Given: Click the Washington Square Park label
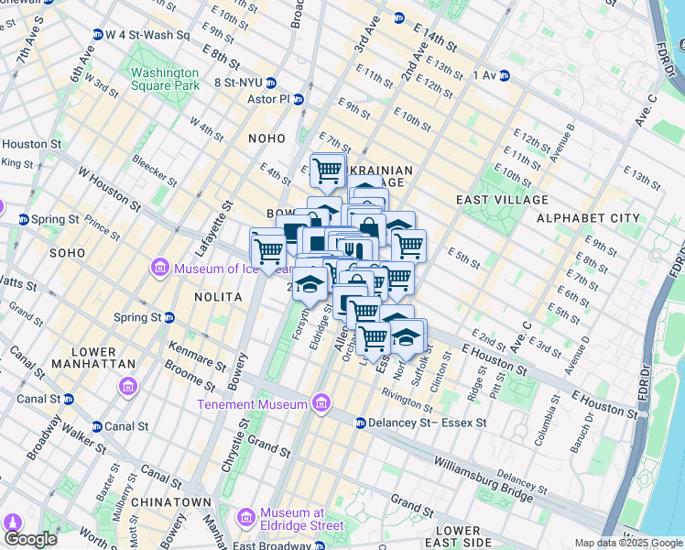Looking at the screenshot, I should pyautogui.click(x=164, y=79).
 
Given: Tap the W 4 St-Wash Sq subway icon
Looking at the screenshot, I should pyautogui.click(x=97, y=35).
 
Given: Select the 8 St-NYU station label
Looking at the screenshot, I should pyautogui.click(x=237, y=82).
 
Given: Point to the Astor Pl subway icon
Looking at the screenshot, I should pyautogui.click(x=299, y=99).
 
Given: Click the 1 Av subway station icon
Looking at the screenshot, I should pyautogui.click(x=504, y=75).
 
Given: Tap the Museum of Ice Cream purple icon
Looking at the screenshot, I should pyautogui.click(x=160, y=268).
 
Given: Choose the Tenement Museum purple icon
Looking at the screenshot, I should pyautogui.click(x=321, y=403).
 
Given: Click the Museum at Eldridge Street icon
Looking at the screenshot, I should pyautogui.click(x=246, y=519).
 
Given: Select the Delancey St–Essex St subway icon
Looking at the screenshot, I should pyautogui.click(x=360, y=423).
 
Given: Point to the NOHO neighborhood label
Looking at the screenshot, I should pyautogui.click(x=267, y=137).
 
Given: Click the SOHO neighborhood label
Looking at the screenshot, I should pyautogui.click(x=67, y=252).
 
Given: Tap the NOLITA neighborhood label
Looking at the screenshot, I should pyautogui.click(x=218, y=298).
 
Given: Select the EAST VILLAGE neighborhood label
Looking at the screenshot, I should pyautogui.click(x=501, y=199).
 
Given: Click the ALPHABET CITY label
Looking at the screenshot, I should pyautogui.click(x=588, y=217).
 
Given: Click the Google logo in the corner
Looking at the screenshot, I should pyautogui.click(x=30, y=539).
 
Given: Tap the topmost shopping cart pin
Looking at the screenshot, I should pyautogui.click(x=327, y=170).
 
